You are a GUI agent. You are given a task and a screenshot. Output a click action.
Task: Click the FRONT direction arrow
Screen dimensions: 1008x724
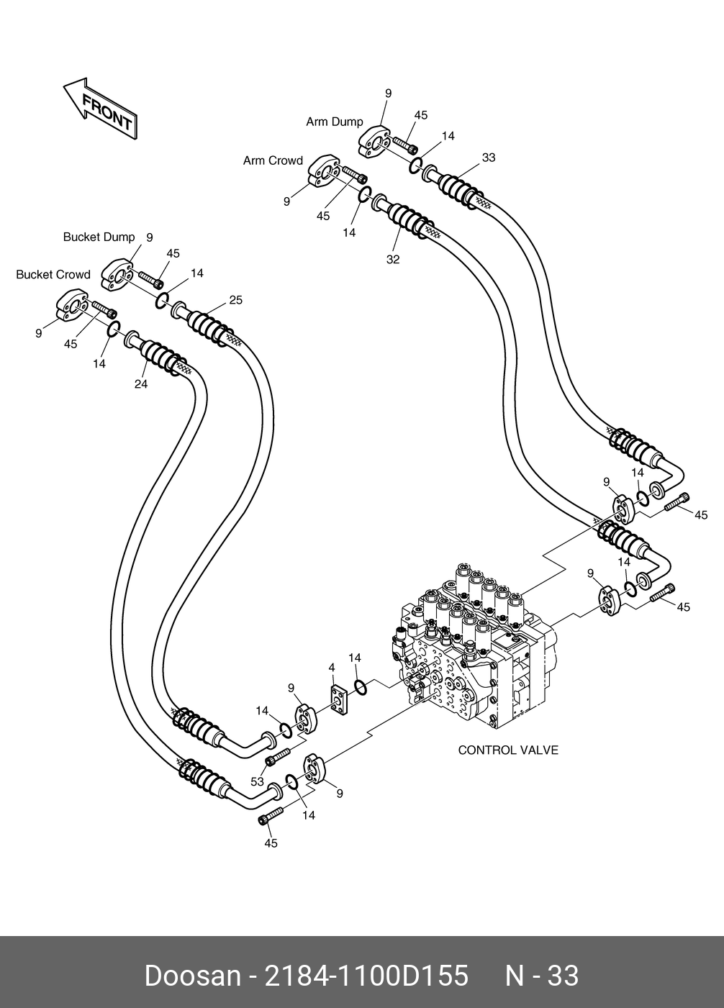pyautogui.click(x=100, y=109)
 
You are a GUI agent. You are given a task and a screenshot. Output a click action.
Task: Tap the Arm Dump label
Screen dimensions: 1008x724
pyautogui.click(x=335, y=122)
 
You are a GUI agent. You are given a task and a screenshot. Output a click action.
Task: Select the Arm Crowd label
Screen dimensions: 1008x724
pyautogui.click(x=273, y=161)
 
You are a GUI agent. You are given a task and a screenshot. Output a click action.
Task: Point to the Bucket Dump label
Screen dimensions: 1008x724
pyautogui.click(x=99, y=237)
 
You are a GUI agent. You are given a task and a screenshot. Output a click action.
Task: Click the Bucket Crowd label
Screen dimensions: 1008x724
pyautogui.click(x=53, y=275)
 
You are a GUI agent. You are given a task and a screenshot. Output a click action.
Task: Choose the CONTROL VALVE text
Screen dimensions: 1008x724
pyautogui.click(x=508, y=750)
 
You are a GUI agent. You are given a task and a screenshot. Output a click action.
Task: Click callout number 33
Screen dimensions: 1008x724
pyautogui.click(x=489, y=158)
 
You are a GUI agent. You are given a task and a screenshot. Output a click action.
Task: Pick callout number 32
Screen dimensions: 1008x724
pyautogui.click(x=392, y=260)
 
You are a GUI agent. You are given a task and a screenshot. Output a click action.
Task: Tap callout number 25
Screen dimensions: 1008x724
pyautogui.click(x=236, y=300)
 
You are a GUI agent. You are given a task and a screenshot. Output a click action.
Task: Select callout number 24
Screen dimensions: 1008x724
pyautogui.click(x=141, y=385)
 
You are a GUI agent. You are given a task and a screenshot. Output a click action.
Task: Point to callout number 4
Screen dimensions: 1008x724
pyautogui.click(x=332, y=668)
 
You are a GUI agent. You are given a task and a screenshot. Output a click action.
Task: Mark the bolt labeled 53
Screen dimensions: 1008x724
pyautogui.click(x=278, y=756)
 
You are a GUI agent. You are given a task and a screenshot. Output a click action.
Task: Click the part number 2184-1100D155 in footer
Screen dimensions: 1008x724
pyautogui.click(x=367, y=976)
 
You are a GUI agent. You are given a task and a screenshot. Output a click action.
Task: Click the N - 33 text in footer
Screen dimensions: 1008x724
pyautogui.click(x=541, y=976)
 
